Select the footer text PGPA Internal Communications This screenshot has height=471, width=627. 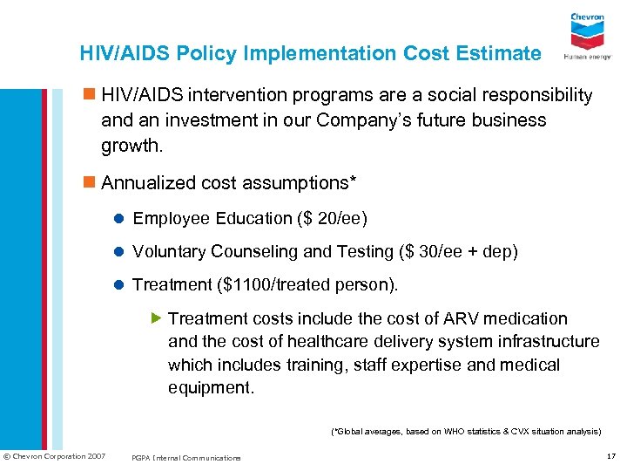point(186,458)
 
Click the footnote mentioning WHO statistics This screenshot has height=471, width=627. point(466,431)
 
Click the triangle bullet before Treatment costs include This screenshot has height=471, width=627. point(157,318)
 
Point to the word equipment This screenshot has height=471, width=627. point(211,387)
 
